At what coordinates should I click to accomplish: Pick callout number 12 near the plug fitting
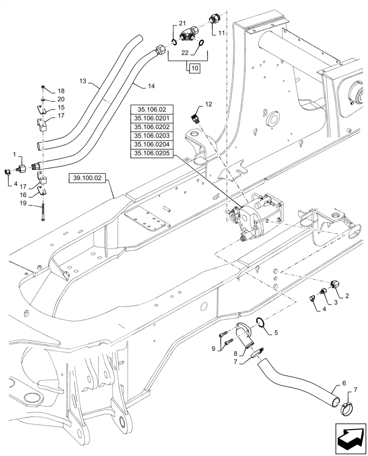pos(208,104)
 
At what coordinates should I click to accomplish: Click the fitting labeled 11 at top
pos(214,19)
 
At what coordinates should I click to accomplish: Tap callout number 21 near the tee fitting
pos(182,23)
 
